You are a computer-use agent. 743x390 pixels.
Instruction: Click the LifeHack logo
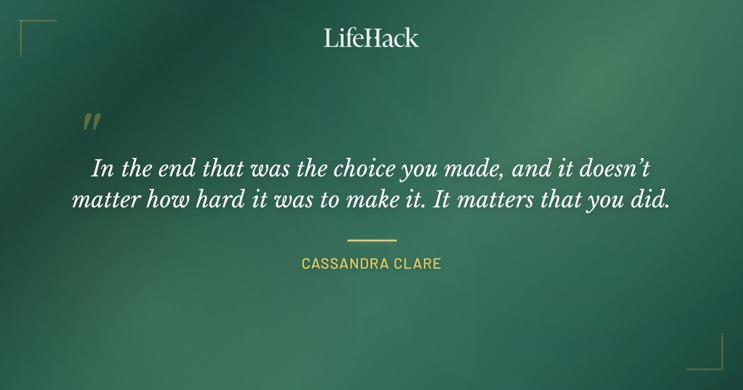pyautogui.click(x=371, y=38)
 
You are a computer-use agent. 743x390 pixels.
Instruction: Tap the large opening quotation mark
pyautogui.click(x=91, y=122)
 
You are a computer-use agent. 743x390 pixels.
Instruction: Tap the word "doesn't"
pyautogui.click(x=610, y=169)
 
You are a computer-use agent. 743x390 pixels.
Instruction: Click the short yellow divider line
pyautogui.click(x=371, y=240)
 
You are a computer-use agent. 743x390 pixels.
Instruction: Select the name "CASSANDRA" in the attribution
pyautogui.click(x=344, y=264)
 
